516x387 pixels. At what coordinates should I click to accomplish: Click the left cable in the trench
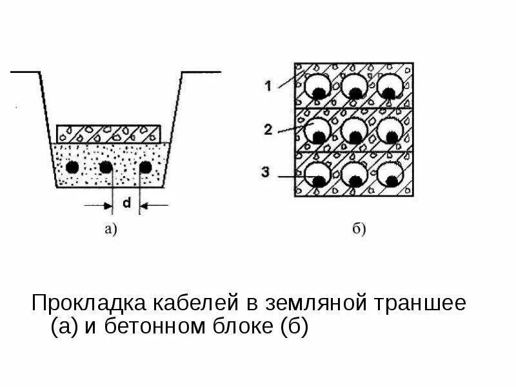pos(73,167)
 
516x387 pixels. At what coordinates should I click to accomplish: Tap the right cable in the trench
pos(146,167)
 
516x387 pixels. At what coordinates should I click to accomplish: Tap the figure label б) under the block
pos(359,228)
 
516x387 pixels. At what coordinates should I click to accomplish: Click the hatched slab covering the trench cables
pos(108,134)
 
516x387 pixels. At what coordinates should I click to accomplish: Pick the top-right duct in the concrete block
pos(390,86)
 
